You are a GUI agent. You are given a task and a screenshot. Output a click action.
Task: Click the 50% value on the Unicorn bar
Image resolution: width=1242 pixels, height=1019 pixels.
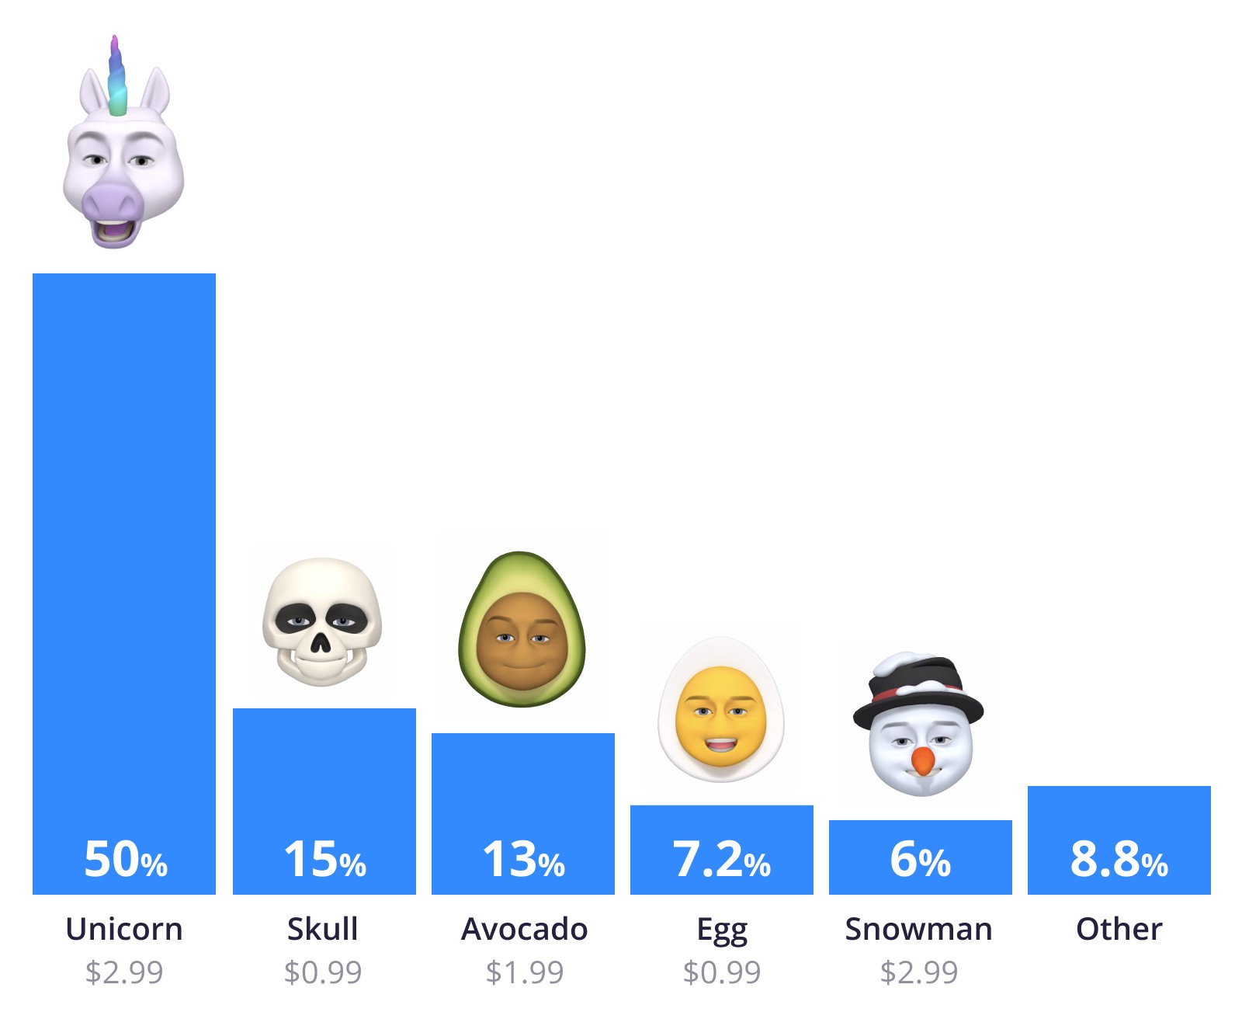125,860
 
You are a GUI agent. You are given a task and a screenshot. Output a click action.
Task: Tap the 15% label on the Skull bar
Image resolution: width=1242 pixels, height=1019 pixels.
324,860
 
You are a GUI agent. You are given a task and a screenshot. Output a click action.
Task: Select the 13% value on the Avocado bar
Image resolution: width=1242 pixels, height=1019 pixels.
523,860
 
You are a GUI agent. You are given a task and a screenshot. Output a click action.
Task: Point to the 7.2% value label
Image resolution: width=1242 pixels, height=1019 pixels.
721,860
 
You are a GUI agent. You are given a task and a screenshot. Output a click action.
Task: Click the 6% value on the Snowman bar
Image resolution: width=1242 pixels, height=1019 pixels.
920,860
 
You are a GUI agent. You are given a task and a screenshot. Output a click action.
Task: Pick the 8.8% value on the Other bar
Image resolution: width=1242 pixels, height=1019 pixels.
1119,860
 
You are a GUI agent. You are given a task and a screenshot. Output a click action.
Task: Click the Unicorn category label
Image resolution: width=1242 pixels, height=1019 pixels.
124,929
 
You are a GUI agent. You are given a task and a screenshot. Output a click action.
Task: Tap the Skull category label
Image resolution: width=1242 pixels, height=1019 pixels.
323,929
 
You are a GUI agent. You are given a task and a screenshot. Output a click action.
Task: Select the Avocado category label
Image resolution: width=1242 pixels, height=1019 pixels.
524,929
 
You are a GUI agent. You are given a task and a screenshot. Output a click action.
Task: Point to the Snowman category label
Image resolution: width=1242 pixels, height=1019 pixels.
919,929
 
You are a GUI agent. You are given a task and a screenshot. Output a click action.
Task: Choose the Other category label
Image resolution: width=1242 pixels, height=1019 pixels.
1119,929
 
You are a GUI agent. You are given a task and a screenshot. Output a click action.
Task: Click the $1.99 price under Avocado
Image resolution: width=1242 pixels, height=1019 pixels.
524,972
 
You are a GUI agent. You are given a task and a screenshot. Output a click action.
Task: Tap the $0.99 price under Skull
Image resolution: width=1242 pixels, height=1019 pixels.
323,972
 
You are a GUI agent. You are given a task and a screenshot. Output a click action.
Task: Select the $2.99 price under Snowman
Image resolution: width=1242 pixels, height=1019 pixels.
919,972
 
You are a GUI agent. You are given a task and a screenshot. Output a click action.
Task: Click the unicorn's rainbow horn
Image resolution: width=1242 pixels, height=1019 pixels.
116,78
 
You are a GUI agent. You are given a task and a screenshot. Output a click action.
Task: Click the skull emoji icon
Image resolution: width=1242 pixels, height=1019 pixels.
322,621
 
